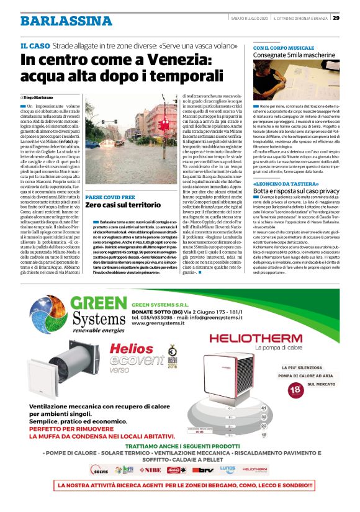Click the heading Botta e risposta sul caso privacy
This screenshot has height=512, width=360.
click(296, 176)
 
